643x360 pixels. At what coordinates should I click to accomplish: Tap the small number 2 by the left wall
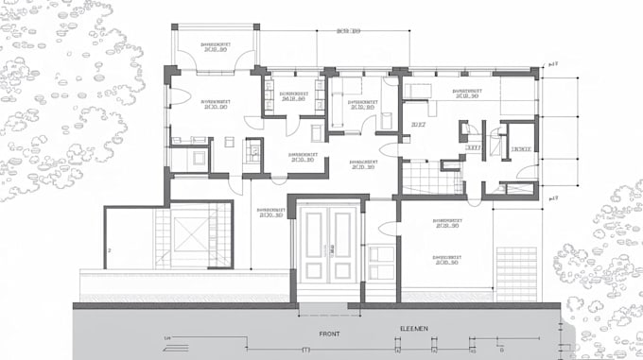(110, 250)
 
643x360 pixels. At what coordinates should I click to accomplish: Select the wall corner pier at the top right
(535, 72)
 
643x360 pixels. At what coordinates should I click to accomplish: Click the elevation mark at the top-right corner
(553, 64)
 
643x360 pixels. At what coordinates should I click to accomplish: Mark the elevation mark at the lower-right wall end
(553, 197)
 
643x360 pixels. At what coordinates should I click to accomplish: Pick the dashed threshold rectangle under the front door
(328, 294)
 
